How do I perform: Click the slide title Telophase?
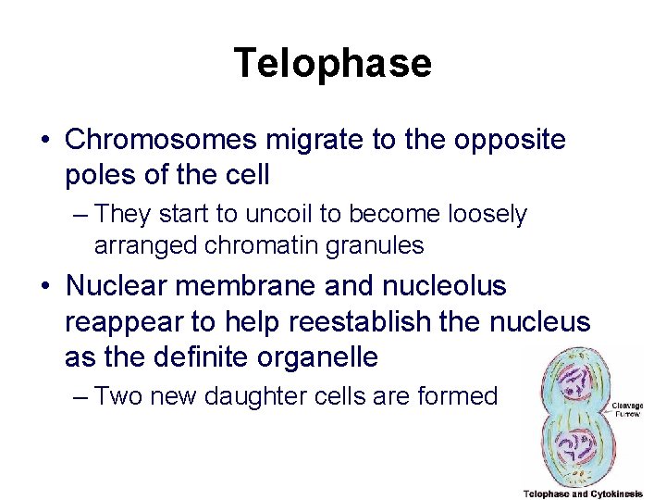332,63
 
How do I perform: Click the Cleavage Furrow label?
627,411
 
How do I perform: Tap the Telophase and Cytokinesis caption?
583,494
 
